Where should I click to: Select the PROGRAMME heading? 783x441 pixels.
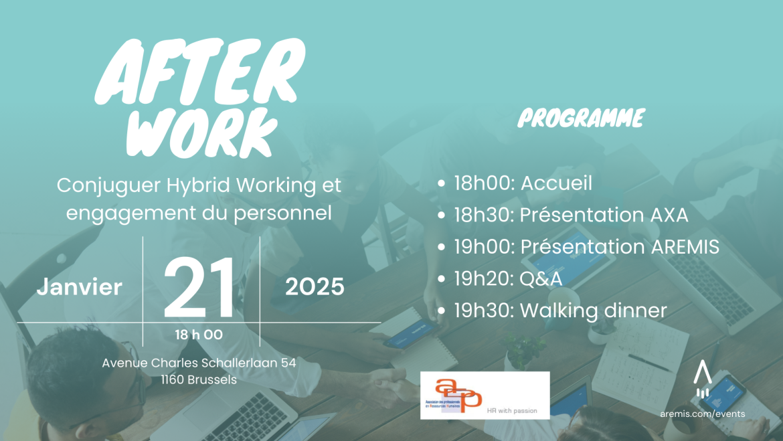(x=581, y=119)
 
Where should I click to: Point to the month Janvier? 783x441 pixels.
(x=80, y=287)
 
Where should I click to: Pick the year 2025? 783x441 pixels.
(x=315, y=287)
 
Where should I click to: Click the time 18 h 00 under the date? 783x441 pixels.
(x=199, y=335)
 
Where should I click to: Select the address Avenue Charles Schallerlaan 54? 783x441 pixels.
(x=199, y=363)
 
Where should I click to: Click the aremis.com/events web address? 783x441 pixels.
(x=701, y=414)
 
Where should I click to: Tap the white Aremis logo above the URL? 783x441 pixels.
(x=701, y=379)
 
